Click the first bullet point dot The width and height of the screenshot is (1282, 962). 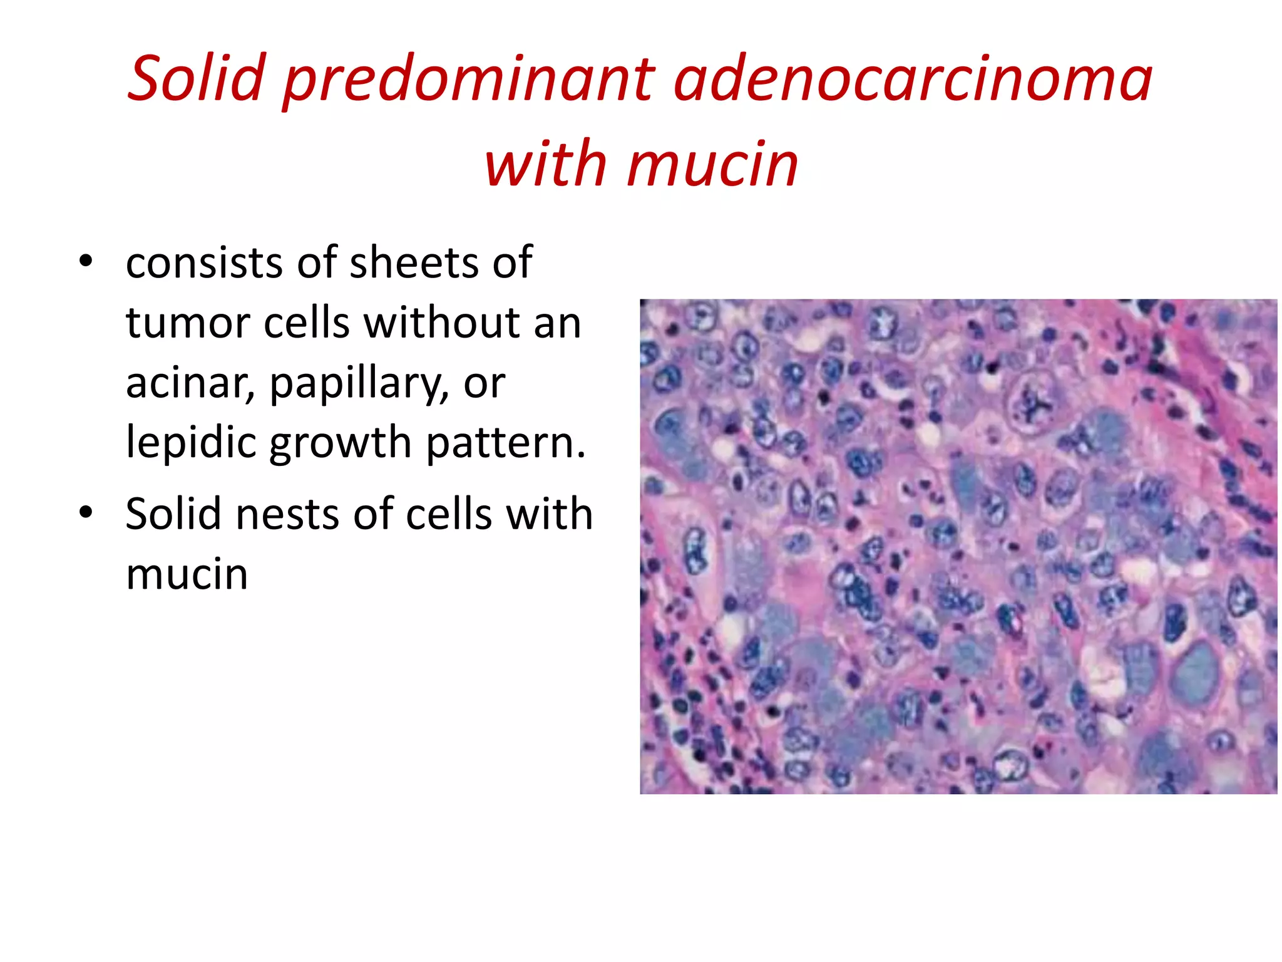pos(86,261)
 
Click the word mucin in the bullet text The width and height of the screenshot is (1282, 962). pos(187,574)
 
